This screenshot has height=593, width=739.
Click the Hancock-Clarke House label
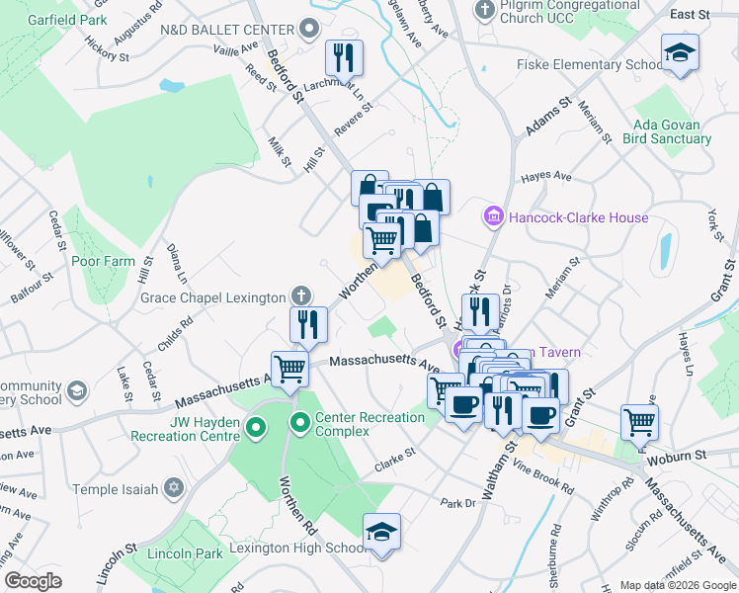[579, 217]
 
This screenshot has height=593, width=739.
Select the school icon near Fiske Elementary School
[680, 52]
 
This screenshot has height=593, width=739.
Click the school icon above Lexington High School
[381, 532]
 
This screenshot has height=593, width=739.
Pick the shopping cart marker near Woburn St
[639, 422]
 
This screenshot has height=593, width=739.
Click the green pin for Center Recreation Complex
[300, 425]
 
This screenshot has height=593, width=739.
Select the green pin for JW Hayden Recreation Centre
[256, 429]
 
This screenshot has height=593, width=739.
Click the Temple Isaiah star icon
[174, 488]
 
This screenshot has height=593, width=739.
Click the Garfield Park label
[67, 19]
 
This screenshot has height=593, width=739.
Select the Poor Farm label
[102, 262]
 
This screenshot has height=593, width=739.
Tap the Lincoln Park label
[185, 553]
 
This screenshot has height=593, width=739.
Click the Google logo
[34, 581]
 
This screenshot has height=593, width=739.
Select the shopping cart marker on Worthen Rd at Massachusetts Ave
[289, 368]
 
